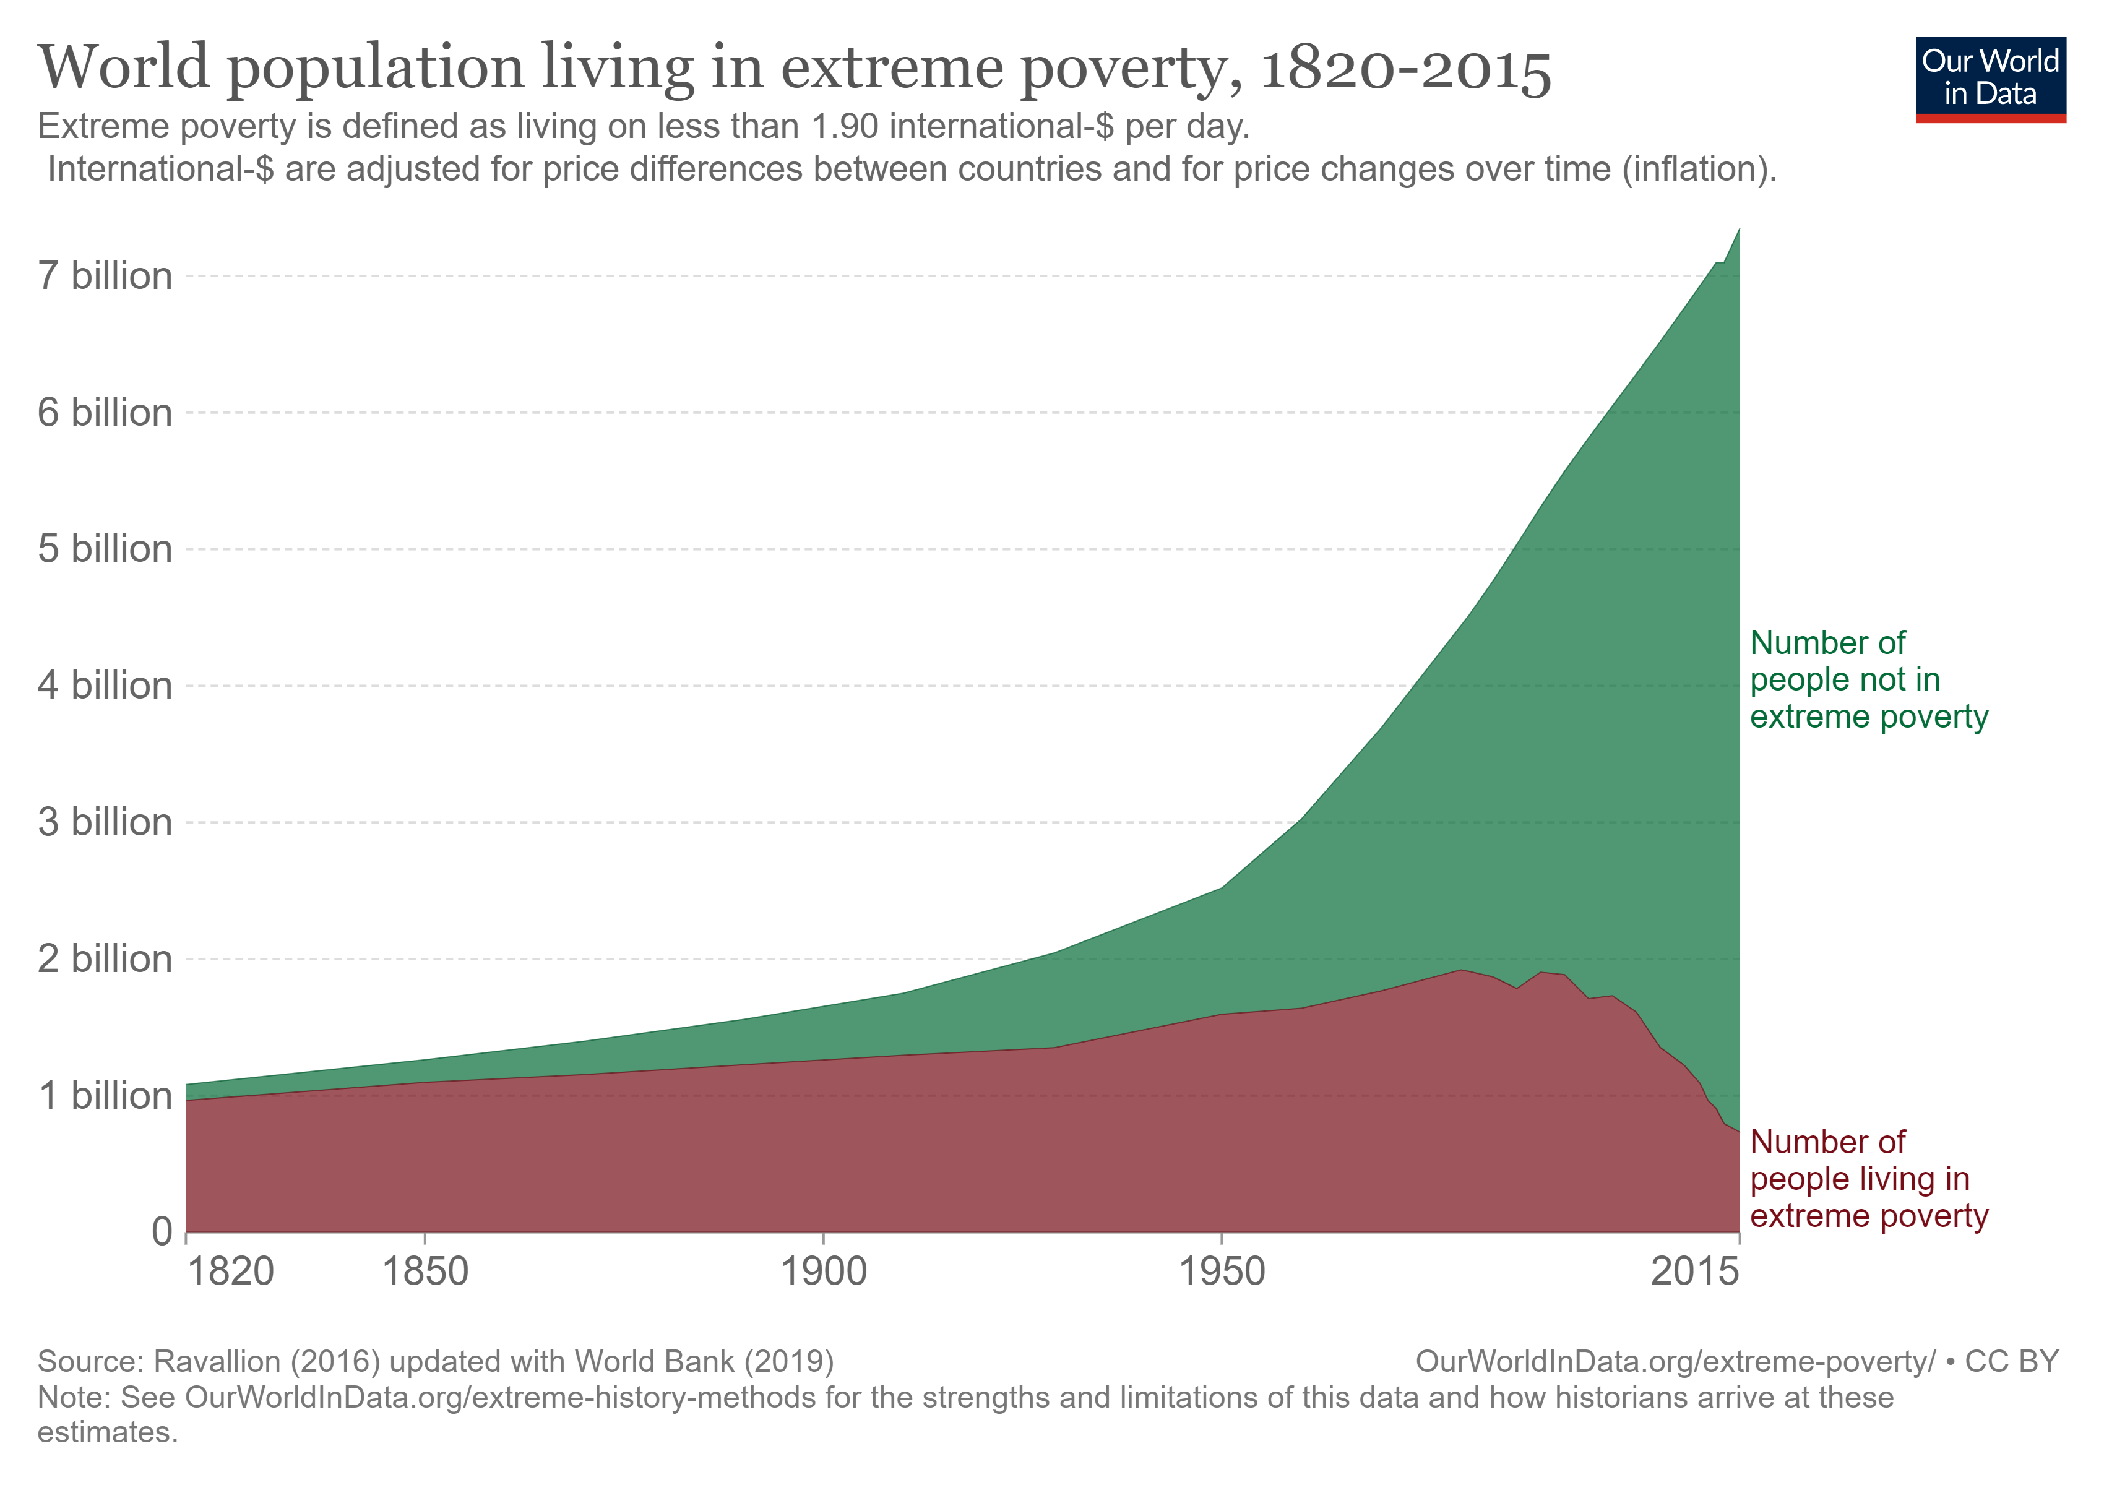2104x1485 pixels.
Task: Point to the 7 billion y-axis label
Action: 105,276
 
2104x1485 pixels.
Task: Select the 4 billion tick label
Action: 105,685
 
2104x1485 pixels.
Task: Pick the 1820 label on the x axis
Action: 230,1272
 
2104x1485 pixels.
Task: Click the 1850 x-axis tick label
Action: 425,1272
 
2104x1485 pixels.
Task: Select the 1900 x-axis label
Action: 823,1272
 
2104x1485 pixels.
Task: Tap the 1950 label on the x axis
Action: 1222,1272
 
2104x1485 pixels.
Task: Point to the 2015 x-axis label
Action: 1694,1272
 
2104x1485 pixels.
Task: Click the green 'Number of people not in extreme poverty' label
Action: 1868,680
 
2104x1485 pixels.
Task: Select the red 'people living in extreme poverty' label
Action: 1868,1179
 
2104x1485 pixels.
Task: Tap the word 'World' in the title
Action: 124,69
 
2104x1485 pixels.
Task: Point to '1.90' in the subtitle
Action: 845,126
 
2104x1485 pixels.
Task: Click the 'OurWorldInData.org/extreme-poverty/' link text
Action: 1675,1361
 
